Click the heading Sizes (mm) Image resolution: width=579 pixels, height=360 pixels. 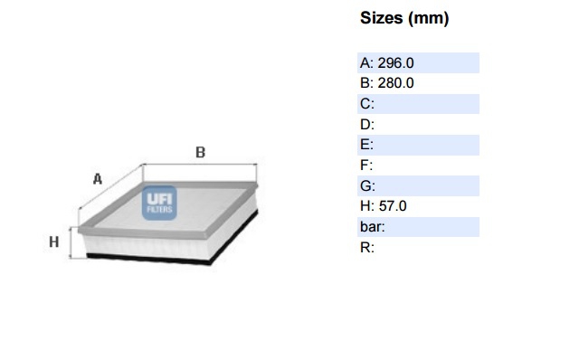pyautogui.click(x=404, y=18)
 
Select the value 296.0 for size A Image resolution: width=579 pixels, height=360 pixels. pyautogui.click(x=395, y=63)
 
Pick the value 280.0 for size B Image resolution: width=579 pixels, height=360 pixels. pyautogui.click(x=395, y=83)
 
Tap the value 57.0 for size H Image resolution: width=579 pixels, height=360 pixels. pyautogui.click(x=393, y=206)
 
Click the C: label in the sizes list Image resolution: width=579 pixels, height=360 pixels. pyautogui.click(x=367, y=104)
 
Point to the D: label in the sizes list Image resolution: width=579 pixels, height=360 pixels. pyautogui.click(x=367, y=125)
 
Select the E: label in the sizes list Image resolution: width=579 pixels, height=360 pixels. pyautogui.click(x=366, y=145)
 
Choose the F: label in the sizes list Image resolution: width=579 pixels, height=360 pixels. pyautogui.click(x=366, y=165)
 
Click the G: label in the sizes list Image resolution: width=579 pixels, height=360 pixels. pyautogui.click(x=367, y=185)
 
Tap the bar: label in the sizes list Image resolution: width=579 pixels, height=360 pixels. pyautogui.click(x=372, y=227)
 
